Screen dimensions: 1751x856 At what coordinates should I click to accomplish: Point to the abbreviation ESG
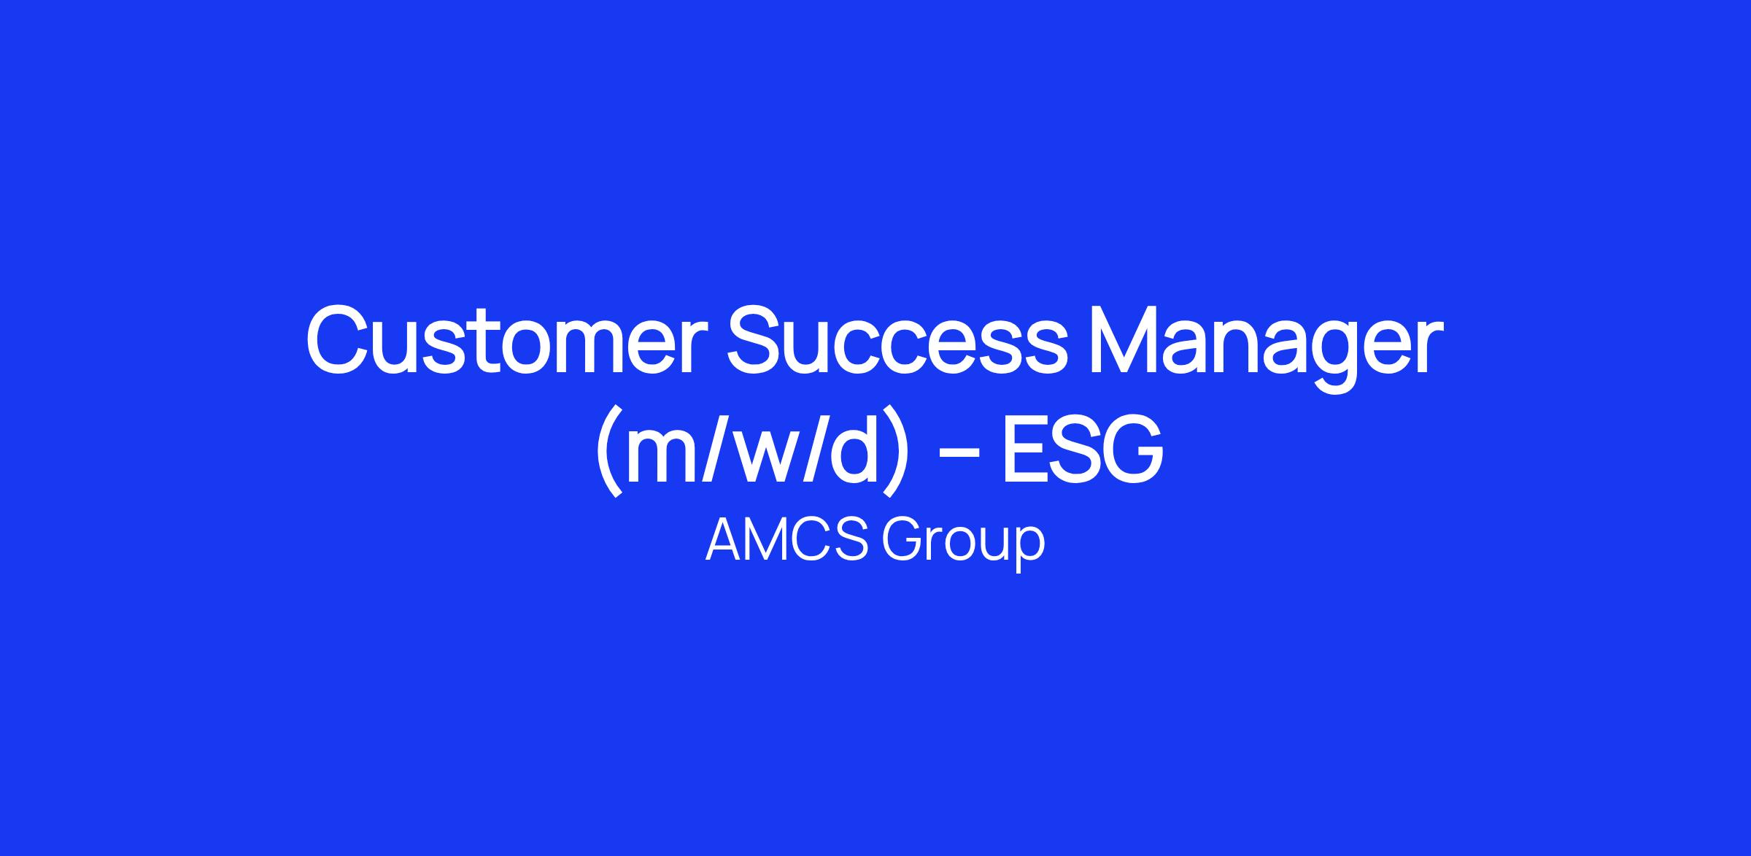(x=1083, y=449)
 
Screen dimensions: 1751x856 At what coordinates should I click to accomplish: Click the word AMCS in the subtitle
(x=786, y=541)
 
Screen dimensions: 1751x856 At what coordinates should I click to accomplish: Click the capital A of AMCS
(x=725, y=541)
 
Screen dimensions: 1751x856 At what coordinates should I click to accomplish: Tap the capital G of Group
(x=903, y=541)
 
